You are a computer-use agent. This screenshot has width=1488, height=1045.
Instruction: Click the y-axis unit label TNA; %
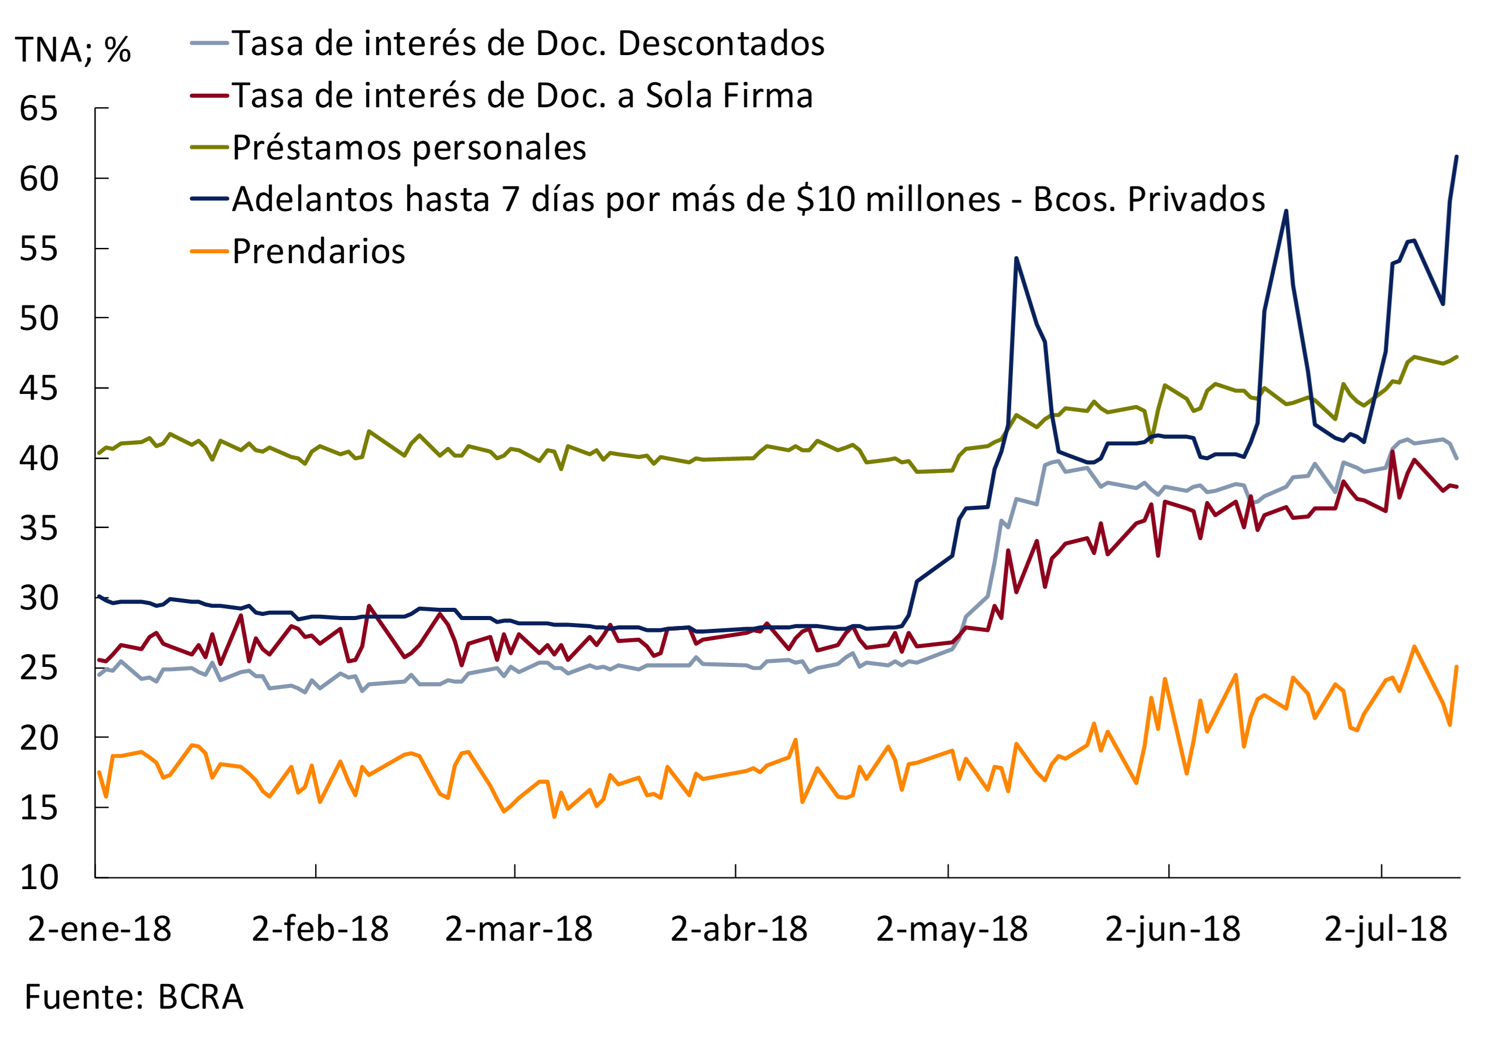pos(73,50)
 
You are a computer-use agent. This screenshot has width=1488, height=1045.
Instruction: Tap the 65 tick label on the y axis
pos(38,108)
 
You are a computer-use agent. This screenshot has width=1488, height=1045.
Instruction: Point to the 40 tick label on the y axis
pos(38,458)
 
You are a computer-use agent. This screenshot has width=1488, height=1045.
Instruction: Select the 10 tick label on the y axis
pos(38,877)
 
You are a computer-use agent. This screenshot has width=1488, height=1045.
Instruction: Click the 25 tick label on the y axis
pos(38,668)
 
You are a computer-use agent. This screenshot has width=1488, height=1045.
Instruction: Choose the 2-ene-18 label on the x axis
pos(99,929)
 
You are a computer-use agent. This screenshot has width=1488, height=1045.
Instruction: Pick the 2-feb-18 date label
pos(319,929)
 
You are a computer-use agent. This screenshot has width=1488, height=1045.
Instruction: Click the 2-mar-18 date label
pos(518,929)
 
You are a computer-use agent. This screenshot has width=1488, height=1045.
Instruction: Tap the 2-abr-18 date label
pos(739,929)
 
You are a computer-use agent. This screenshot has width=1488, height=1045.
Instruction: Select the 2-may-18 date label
pos(951,929)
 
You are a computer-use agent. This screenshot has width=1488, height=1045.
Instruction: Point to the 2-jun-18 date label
pos(1172,929)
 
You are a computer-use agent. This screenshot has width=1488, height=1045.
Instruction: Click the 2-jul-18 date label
pos(1385,929)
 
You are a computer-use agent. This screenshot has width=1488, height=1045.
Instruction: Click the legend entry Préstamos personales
pos(409,148)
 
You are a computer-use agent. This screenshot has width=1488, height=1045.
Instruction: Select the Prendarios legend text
pos(318,251)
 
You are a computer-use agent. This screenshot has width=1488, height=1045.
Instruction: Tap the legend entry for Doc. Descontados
pos(528,44)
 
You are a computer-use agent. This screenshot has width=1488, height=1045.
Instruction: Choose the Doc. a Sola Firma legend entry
pos(523,96)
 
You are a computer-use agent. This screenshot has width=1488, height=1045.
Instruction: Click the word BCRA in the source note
pos(200,997)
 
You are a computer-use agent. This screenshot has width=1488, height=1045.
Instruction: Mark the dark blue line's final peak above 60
pos(1456,157)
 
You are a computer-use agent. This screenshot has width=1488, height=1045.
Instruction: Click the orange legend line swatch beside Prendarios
pos(209,251)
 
